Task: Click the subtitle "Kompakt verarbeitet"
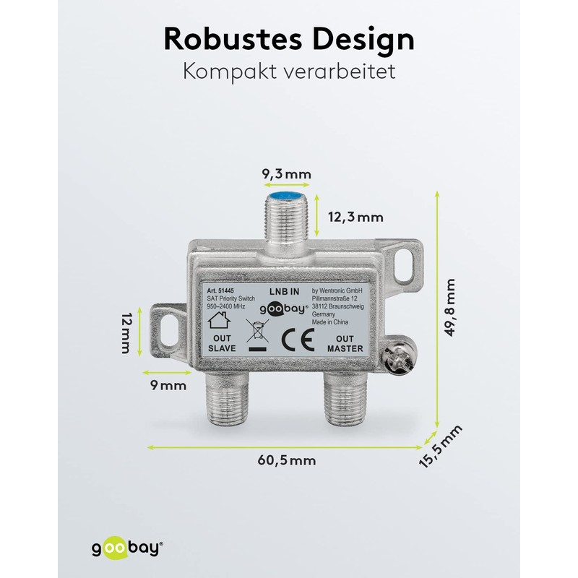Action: [x=289, y=73]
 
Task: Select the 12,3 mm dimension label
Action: [x=355, y=216]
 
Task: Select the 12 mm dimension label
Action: [x=126, y=334]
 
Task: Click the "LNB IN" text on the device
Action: [x=283, y=290]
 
